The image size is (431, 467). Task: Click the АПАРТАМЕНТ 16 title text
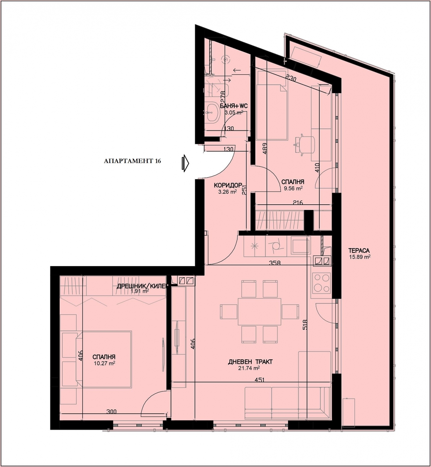click(132, 161)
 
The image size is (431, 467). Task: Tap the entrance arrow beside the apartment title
click(186, 163)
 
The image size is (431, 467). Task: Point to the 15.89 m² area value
click(360, 257)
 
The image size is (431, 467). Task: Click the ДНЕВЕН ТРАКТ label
click(250, 362)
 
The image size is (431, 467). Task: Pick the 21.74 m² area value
click(249, 368)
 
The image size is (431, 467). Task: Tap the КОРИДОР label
click(228, 185)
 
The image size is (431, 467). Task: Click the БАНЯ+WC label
click(234, 106)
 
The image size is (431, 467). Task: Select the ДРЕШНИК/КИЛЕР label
click(143, 286)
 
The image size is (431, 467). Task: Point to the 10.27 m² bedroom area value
click(104, 363)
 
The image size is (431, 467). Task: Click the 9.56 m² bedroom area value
click(293, 188)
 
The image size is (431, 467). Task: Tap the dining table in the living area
click(259, 311)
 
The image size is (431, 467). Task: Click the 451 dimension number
click(259, 380)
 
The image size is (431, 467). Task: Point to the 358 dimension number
click(275, 263)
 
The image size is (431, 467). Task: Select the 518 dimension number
click(305, 324)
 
